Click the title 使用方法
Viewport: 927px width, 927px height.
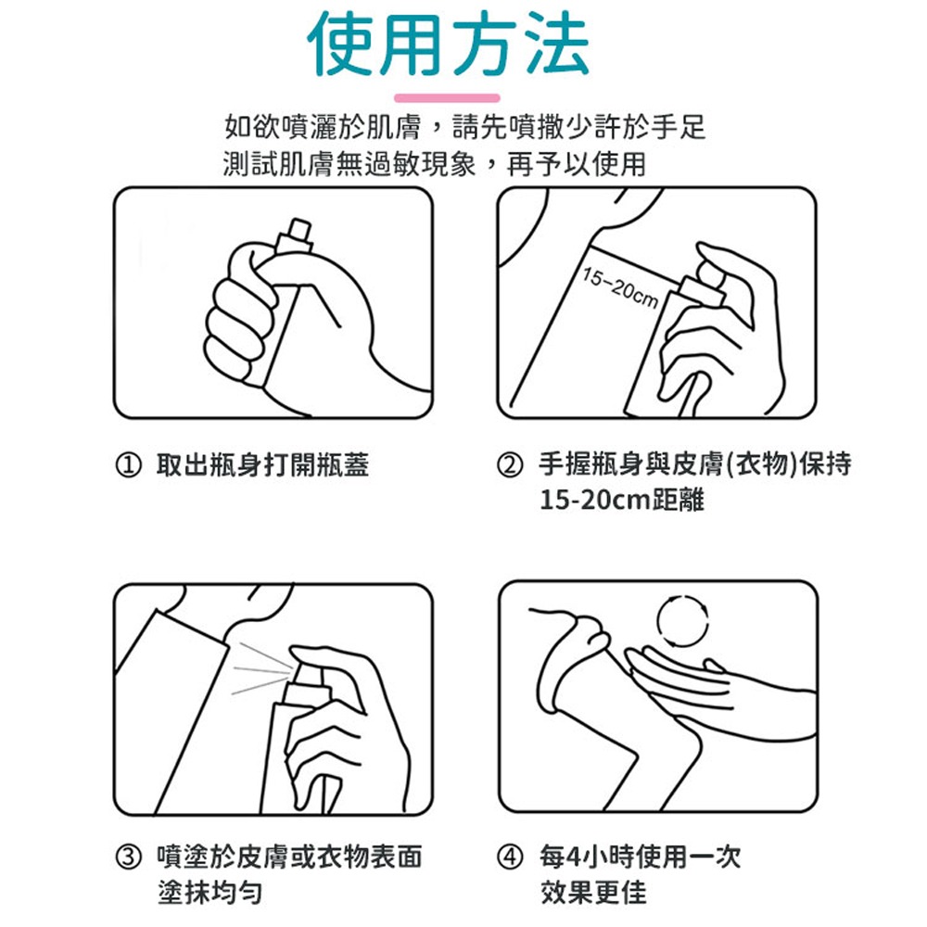[x=448, y=44]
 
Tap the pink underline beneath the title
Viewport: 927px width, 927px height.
[x=447, y=97]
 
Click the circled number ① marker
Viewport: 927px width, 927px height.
[x=128, y=465]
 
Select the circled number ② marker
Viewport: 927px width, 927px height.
[x=510, y=465]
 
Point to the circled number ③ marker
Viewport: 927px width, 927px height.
[x=128, y=857]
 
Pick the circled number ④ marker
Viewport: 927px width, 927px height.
[x=510, y=857]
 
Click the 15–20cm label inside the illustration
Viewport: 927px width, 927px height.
[x=620, y=288]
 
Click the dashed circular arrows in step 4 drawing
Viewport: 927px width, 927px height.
[x=683, y=621]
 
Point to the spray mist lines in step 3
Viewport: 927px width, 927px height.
[x=261, y=668]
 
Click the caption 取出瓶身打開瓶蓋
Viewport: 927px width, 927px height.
[x=262, y=465]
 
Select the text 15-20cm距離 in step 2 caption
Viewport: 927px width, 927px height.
[x=622, y=501]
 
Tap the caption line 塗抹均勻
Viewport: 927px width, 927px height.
[x=210, y=892]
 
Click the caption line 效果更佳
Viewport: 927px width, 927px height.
[x=593, y=892]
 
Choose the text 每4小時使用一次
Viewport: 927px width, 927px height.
[x=641, y=857]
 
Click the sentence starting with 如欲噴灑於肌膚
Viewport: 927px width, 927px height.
[x=465, y=127]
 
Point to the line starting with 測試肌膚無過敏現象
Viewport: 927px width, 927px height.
[x=435, y=164]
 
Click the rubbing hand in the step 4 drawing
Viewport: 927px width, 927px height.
[x=721, y=692]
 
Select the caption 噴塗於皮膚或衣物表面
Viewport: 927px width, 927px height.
[x=289, y=857]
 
